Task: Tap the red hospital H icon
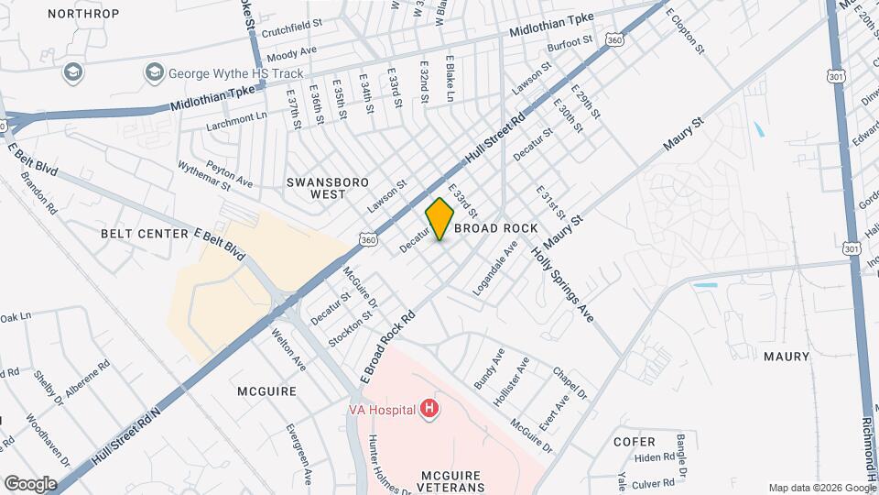point(428,409)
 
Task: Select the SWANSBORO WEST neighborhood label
point(316,188)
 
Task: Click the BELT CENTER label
point(145,234)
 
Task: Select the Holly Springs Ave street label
point(563,285)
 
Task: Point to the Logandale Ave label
point(495,268)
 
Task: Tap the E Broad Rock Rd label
point(388,347)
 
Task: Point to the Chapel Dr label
point(570,384)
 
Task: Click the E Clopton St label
point(686,30)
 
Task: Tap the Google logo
point(30,483)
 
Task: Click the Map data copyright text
point(821,488)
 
